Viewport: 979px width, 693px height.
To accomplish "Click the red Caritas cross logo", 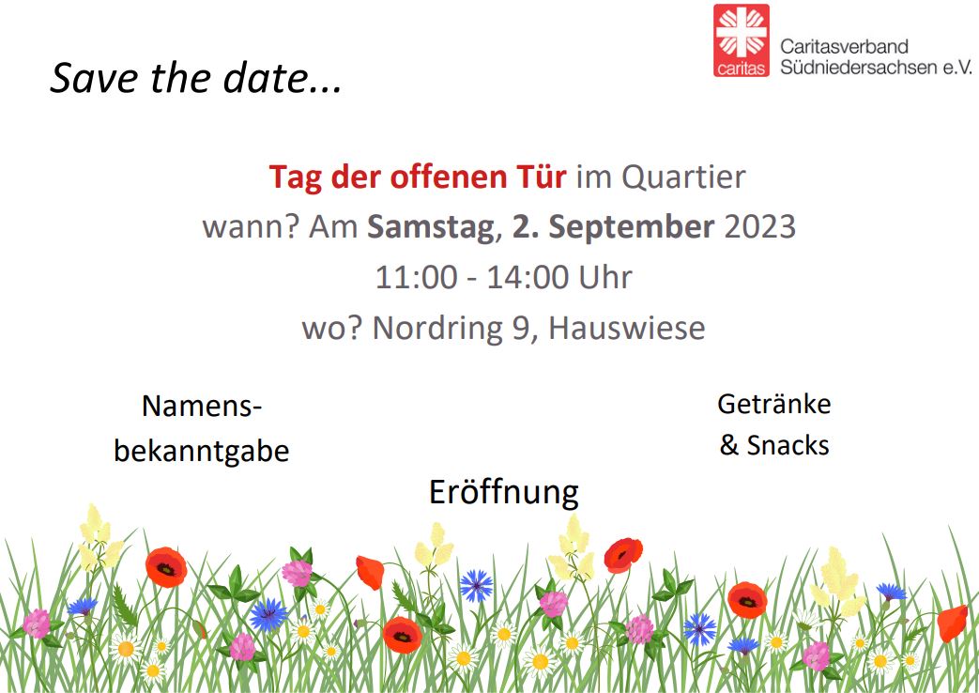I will pos(741,40).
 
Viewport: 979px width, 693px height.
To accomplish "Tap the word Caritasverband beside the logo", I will pos(844,46).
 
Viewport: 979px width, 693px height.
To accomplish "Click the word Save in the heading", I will pos(85,79).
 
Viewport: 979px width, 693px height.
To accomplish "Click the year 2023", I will pos(759,228).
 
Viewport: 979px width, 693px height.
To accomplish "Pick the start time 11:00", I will pos(416,278).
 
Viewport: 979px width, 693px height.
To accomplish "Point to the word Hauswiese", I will pos(626,329).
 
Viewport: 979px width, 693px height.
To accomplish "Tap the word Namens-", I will pos(201,407).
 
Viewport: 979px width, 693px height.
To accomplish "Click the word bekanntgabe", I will pos(201,452).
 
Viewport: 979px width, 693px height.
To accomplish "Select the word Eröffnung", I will pos(503,492).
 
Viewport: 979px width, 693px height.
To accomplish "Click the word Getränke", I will pos(773,404).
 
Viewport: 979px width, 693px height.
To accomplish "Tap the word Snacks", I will pos(788,445).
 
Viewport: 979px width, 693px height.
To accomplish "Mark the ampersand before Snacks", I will pos(729,445).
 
